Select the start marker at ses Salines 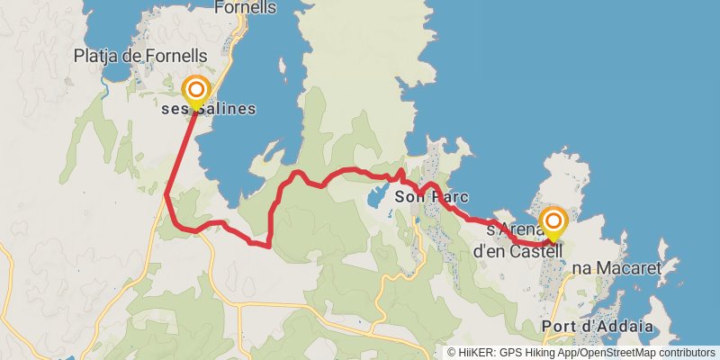point(195,91)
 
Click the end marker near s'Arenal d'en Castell point(553,221)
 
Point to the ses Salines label point(209,109)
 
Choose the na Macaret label point(616,268)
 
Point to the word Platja point(96,56)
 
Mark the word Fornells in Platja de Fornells point(176,56)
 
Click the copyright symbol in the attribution point(452,352)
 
